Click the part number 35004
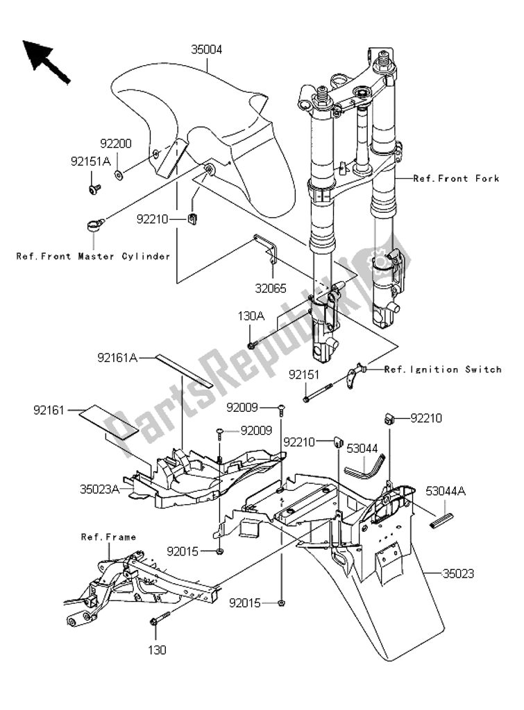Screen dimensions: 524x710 (206, 49)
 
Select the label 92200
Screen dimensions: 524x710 (116, 144)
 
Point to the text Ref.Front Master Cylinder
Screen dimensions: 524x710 (94, 257)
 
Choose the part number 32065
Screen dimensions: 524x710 (271, 288)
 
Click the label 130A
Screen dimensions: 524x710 (251, 316)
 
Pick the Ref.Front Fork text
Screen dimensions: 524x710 (456, 178)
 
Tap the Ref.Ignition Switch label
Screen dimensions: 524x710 (443, 370)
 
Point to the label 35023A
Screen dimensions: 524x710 (100, 489)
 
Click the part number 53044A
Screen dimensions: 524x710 (446, 491)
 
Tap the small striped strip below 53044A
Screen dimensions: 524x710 (441, 520)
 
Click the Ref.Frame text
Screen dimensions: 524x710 (108, 537)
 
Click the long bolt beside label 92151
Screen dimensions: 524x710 (318, 392)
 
